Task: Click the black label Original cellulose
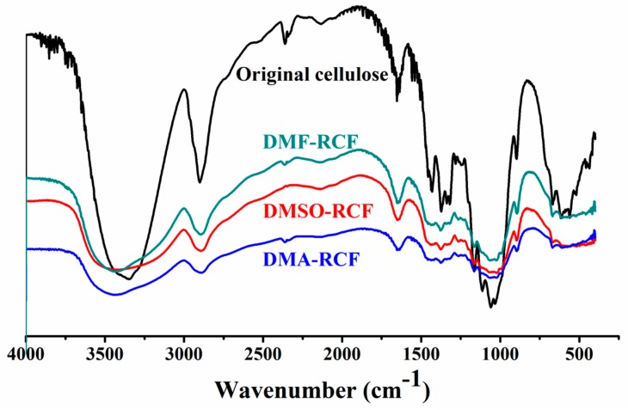pyautogui.click(x=314, y=75)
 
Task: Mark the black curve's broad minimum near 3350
pyautogui.click(x=128, y=279)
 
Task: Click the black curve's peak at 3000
pyautogui.click(x=183, y=89)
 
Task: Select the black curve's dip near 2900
pyautogui.click(x=200, y=182)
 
